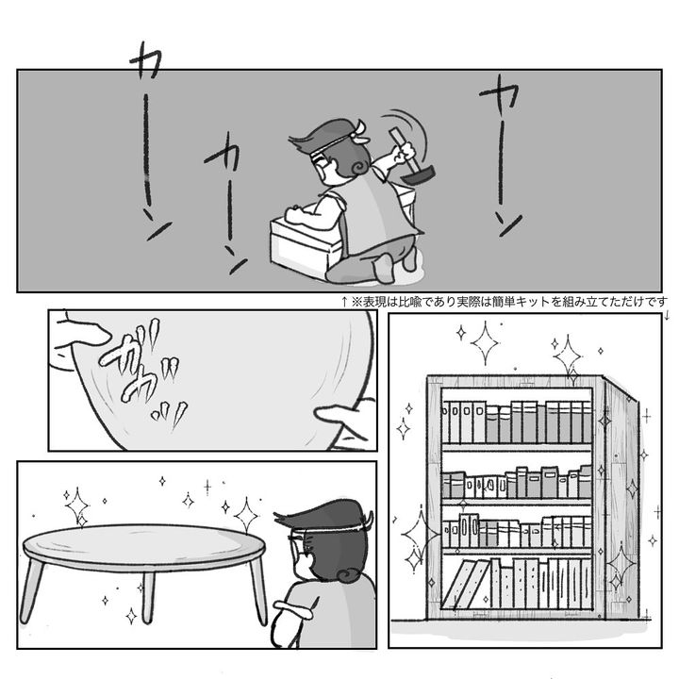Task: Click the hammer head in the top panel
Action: (418, 175)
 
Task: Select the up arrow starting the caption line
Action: (344, 302)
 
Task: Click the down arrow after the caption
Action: (667, 315)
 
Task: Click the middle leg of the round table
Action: (148, 597)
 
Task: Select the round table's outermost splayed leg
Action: (31, 591)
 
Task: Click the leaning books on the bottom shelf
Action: (465, 584)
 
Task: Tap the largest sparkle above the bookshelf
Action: (485, 343)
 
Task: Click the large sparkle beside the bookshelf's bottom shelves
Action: (420, 536)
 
